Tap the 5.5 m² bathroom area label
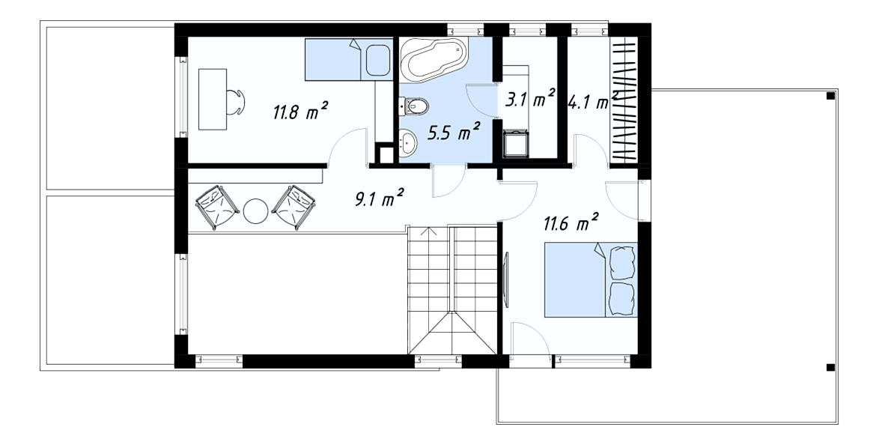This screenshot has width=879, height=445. coord(454,133)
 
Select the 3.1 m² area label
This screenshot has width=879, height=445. coord(530,100)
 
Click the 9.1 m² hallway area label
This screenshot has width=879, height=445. coord(380,198)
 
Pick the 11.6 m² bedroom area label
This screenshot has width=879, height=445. coord(570,222)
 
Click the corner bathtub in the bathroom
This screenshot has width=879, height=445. coord(433,59)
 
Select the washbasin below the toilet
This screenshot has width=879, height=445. coord(408,142)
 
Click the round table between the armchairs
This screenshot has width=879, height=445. coord(257,211)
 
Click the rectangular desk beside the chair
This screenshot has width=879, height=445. coord(213,100)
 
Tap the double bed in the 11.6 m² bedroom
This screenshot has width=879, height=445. coord(591,279)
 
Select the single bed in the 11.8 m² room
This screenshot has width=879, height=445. coord(349,59)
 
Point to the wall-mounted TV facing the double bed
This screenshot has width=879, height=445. coord(506,279)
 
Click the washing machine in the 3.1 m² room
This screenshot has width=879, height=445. coord(517,145)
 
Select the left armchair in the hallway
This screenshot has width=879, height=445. coord(216,207)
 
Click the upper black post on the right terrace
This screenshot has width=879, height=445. coord(830,96)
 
